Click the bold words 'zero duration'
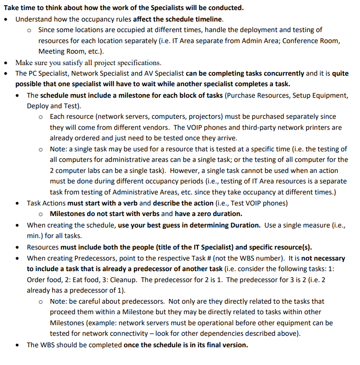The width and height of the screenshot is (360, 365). pos(220,214)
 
